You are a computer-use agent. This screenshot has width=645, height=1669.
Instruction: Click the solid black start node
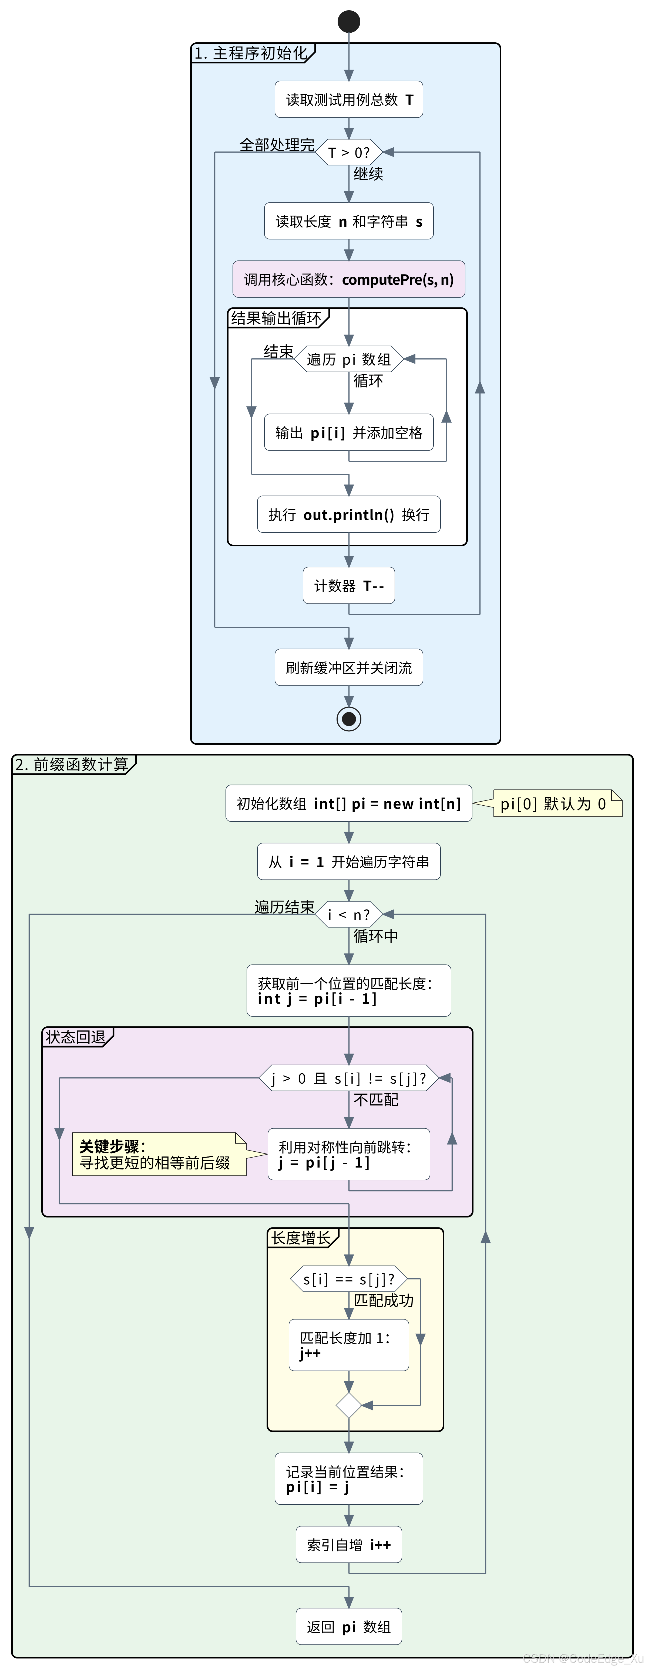tap(349, 21)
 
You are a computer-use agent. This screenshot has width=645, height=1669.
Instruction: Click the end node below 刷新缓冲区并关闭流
tap(349, 718)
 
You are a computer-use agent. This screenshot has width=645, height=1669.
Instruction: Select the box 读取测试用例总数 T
tap(349, 99)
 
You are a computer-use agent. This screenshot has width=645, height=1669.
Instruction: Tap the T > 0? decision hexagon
tap(349, 152)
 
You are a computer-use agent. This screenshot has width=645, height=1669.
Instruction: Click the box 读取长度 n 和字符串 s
tap(349, 221)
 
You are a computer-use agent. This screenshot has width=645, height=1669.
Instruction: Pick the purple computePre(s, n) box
tap(349, 279)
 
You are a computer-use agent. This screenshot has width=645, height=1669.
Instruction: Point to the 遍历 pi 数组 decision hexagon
tap(349, 359)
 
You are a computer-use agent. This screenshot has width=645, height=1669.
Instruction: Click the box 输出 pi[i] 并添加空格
tap(349, 432)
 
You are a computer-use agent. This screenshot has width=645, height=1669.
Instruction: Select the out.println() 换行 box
tap(349, 514)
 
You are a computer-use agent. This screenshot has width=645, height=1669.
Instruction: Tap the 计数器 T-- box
tap(349, 586)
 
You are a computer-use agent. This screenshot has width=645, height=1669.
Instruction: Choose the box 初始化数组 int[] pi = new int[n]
tap(349, 803)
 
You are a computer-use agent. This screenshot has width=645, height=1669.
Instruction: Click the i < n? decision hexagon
tap(349, 914)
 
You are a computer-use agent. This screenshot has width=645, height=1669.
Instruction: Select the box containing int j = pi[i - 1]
tap(349, 991)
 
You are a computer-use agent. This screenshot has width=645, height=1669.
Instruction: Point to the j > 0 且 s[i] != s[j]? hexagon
tap(349, 1078)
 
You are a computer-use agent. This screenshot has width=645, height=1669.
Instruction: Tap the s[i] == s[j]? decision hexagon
tap(349, 1279)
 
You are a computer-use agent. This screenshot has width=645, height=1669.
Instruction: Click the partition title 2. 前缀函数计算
tap(73, 765)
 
